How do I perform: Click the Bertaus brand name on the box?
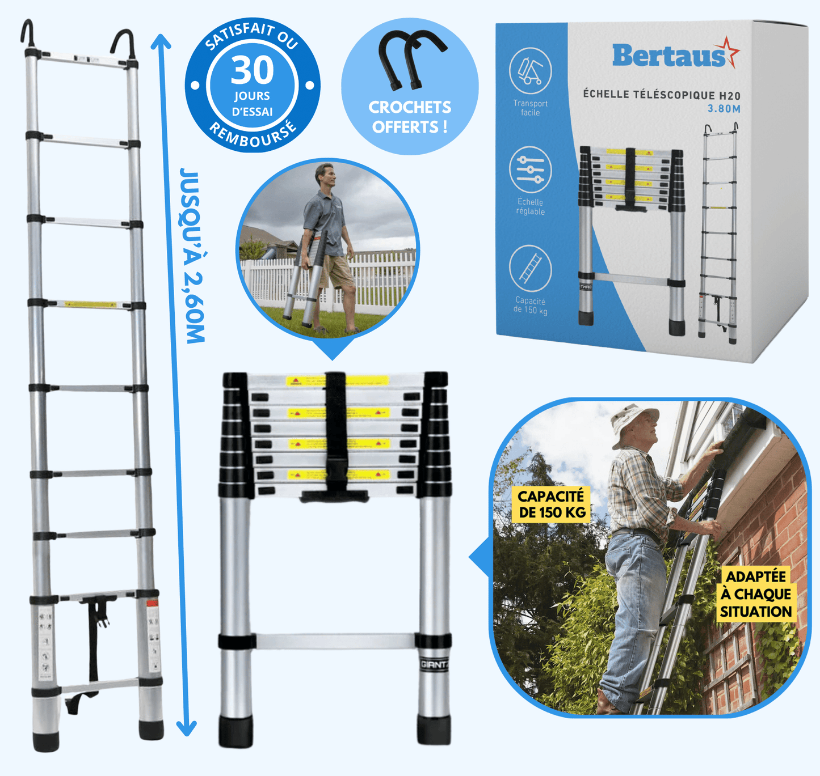click(x=668, y=56)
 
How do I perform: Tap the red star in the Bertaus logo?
click(x=728, y=52)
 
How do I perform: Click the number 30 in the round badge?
click(x=253, y=70)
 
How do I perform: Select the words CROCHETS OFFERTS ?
click(x=410, y=117)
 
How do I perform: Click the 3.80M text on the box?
click(x=724, y=109)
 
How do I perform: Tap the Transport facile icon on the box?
click(x=530, y=71)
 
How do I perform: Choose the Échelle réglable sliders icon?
click(x=530, y=170)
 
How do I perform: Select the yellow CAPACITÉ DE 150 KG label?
click(x=551, y=504)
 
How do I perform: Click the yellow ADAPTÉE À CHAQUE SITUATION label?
click(x=756, y=593)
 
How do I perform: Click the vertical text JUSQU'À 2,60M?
click(x=192, y=255)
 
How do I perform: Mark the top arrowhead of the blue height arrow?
click(x=161, y=41)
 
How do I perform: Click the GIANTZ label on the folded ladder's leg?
click(x=434, y=664)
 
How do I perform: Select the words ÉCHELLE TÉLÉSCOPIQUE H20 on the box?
click(x=662, y=95)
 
